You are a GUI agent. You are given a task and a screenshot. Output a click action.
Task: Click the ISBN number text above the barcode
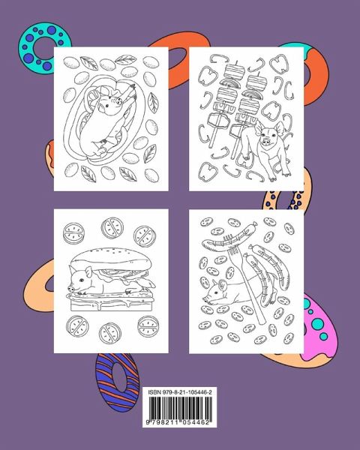(180, 392)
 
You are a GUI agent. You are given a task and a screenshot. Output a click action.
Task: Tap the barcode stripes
(180, 408)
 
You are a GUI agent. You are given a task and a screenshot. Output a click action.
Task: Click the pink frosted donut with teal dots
(319, 330)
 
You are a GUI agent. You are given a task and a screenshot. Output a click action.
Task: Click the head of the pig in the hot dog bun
(110, 104)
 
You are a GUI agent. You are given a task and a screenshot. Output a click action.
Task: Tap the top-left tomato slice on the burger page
(73, 232)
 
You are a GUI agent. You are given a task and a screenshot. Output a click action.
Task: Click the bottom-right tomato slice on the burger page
(148, 326)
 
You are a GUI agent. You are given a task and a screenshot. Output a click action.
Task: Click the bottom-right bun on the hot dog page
(151, 175)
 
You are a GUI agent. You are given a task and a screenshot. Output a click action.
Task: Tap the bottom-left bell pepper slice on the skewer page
(208, 170)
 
